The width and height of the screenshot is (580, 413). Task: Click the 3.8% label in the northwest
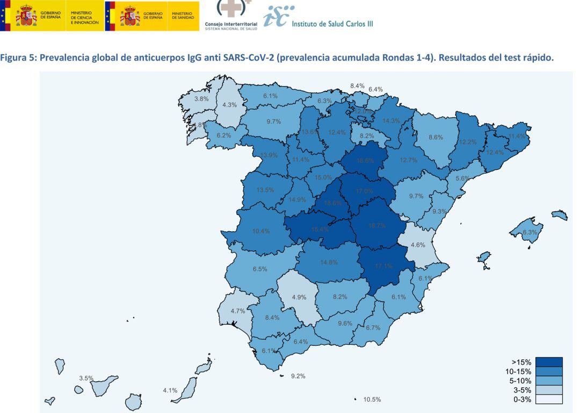click(201, 99)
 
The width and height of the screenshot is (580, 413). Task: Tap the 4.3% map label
click(229, 105)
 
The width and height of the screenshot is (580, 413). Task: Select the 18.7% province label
click(377, 226)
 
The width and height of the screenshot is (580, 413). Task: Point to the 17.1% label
click(383, 266)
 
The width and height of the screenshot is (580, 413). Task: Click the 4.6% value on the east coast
click(418, 245)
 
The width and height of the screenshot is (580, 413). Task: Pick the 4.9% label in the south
click(299, 297)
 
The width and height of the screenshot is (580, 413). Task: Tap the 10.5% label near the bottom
click(372, 400)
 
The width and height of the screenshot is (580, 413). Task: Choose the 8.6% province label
click(436, 137)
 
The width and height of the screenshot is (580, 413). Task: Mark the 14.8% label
click(329, 262)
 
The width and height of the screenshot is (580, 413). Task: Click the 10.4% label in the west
click(261, 231)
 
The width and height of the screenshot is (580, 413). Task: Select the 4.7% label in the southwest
click(237, 311)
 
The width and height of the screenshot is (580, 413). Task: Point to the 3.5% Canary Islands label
click(86, 378)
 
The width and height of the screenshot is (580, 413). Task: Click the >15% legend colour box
click(548, 362)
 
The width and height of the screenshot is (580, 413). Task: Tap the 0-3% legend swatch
click(548, 399)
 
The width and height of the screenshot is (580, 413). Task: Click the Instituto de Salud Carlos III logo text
click(332, 24)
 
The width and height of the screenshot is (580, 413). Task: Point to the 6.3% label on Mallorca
click(530, 232)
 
